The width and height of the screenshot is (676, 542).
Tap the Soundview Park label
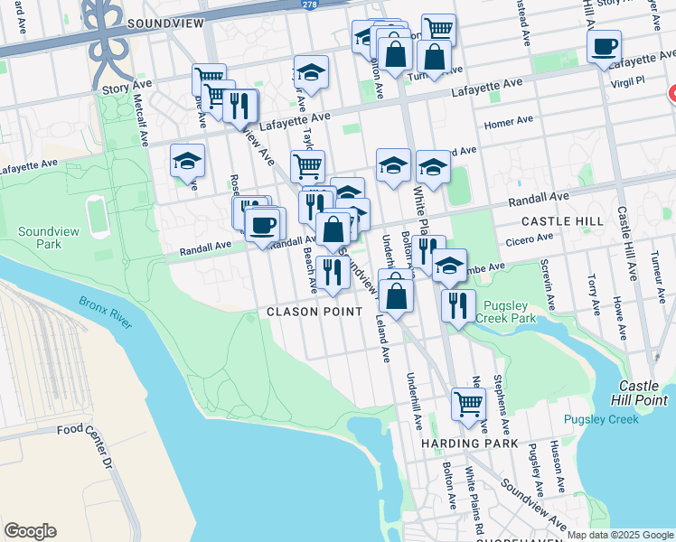(x=41, y=238)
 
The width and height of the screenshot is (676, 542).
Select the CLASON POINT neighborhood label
(x=315, y=312)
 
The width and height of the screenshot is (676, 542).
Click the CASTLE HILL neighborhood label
(x=562, y=221)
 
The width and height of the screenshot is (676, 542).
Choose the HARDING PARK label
(x=469, y=444)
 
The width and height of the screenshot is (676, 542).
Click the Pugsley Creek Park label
(x=512, y=312)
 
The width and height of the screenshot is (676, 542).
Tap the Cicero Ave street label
(x=531, y=238)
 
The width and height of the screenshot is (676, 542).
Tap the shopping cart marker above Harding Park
(x=468, y=405)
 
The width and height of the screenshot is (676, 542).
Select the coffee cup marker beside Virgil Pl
(x=604, y=46)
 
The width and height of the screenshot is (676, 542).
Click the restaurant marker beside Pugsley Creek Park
(x=458, y=304)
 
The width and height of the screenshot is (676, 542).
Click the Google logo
(x=30, y=531)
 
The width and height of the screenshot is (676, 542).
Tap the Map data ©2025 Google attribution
(x=620, y=535)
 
